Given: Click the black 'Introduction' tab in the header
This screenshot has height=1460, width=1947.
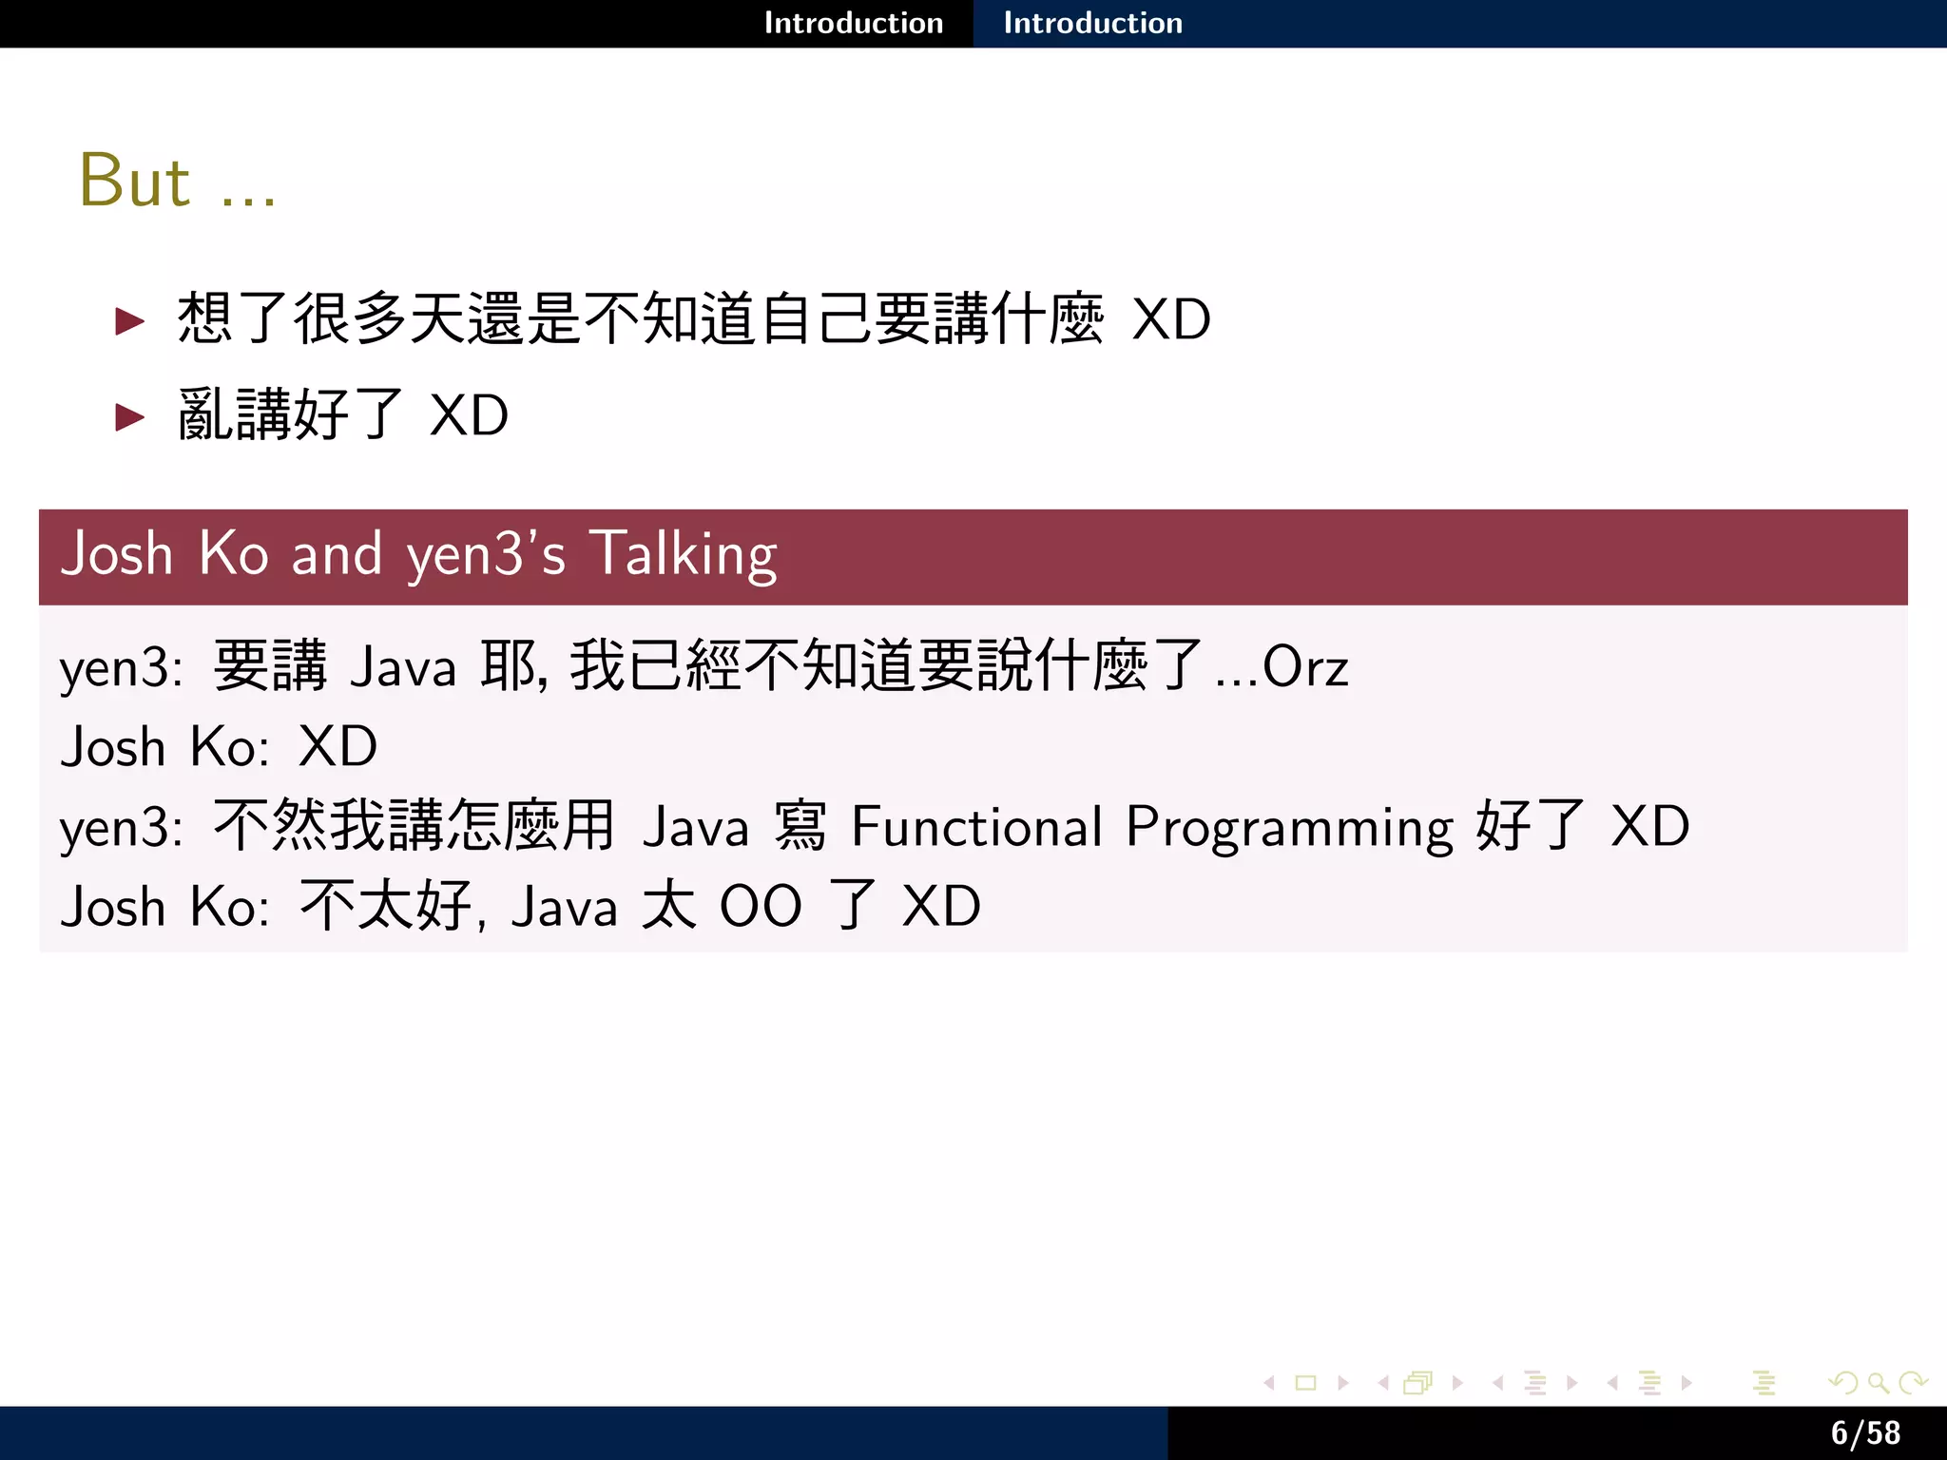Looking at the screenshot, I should (x=853, y=23).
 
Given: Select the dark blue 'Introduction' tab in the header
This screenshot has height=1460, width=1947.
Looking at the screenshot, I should (x=1092, y=23).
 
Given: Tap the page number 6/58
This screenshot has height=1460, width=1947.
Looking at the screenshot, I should (x=1865, y=1432).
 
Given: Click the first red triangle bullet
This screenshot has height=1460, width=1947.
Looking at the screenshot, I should (x=129, y=321).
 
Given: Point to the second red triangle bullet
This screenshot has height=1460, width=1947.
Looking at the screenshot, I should (x=129, y=416).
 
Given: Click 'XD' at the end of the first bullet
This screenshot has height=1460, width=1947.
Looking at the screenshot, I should (x=1171, y=319).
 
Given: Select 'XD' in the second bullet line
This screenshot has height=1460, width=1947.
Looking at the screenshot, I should (x=469, y=416).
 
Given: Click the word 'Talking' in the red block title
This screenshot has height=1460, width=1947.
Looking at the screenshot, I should (x=683, y=554).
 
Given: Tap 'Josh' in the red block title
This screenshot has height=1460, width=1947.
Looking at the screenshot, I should (x=116, y=554).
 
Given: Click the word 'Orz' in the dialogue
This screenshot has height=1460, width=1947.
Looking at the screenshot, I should (x=1304, y=667).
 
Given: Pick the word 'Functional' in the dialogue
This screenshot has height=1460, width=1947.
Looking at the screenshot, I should (x=976, y=826).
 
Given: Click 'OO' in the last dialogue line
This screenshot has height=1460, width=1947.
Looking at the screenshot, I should (x=761, y=906).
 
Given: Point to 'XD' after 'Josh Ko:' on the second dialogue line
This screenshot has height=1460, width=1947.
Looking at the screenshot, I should (x=337, y=747).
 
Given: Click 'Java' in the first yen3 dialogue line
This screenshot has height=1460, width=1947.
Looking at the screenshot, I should (x=403, y=667).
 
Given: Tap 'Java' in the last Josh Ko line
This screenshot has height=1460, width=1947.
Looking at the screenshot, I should (x=564, y=907).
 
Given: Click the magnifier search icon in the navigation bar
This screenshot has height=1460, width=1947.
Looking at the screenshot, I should (x=1877, y=1383).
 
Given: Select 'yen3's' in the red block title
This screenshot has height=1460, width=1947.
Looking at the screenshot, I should (x=486, y=556).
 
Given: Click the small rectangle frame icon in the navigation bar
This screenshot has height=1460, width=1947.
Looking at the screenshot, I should (x=1305, y=1383).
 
